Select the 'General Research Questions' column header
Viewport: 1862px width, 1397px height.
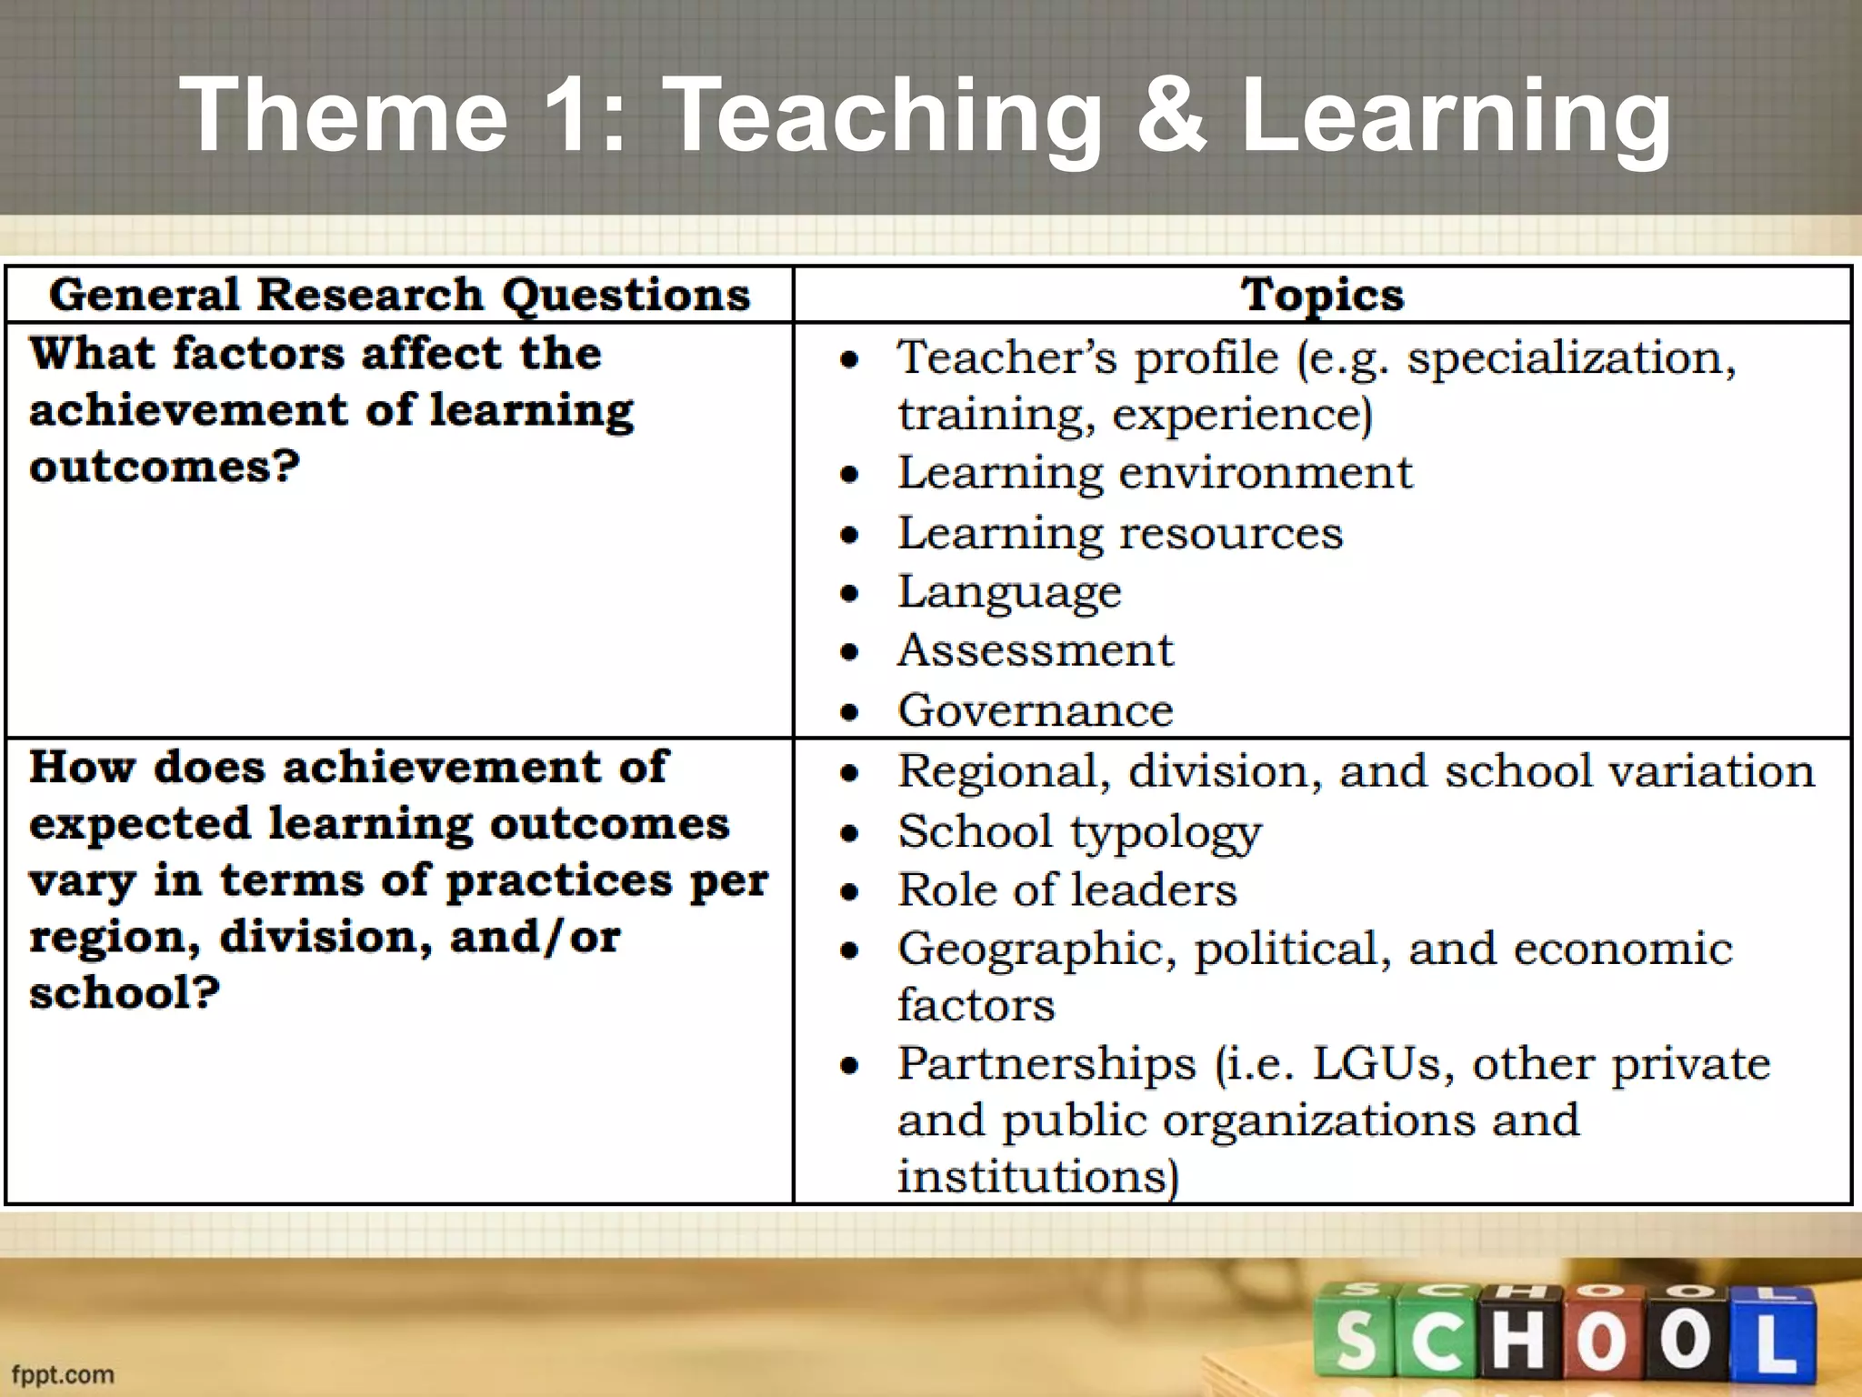click(x=400, y=295)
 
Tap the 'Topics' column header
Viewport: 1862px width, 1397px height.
click(x=1323, y=295)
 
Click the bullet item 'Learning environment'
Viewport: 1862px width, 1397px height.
click(x=1155, y=473)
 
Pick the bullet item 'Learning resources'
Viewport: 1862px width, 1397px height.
click(x=1119, y=533)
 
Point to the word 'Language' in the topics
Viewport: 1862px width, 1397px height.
click(x=1009, y=593)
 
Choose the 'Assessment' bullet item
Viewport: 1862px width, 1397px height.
click(x=1036, y=651)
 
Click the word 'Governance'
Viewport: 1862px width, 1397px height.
click(x=1036, y=710)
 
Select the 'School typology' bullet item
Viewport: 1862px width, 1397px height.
click(x=1079, y=831)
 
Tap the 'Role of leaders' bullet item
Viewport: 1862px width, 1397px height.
click(x=1067, y=890)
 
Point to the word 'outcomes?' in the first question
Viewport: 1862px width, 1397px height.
click(x=165, y=467)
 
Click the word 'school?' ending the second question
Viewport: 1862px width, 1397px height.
click(x=125, y=992)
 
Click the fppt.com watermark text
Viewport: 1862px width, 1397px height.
click(x=63, y=1374)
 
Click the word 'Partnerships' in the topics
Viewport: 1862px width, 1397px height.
click(x=1046, y=1064)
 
